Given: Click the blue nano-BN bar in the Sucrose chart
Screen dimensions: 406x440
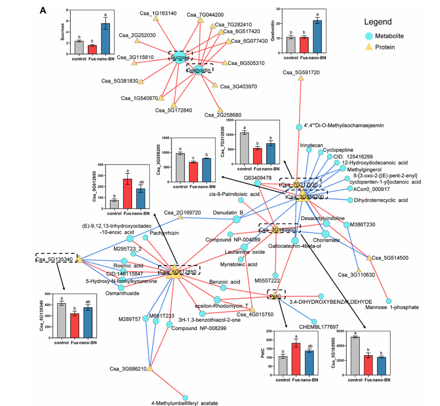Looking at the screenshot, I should [x=106, y=39].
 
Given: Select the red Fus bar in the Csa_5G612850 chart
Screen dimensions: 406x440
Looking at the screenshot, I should [x=128, y=194].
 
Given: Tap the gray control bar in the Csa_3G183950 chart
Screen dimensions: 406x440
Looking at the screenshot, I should [x=355, y=356].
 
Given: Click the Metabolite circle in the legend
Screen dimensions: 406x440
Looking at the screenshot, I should [x=369, y=36].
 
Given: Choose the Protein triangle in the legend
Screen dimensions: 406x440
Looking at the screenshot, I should [x=369, y=47].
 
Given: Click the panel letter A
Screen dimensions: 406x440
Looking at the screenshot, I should [x=43, y=10].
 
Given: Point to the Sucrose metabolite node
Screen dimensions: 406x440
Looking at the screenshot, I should [x=179, y=57].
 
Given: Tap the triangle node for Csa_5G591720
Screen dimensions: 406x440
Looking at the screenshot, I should [x=301, y=78].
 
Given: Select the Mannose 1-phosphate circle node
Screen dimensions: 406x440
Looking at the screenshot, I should [x=389, y=301].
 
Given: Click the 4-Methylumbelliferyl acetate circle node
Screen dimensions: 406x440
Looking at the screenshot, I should [x=185, y=398].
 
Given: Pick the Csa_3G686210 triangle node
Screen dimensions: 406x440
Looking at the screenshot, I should [x=150, y=368].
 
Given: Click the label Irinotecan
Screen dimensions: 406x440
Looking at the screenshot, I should [x=312, y=145].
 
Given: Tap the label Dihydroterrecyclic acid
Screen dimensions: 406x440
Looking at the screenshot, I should [x=381, y=200].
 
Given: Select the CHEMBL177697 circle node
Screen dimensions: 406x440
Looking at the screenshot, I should [x=314, y=322].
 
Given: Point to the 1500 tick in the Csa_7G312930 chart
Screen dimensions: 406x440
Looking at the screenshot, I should [x=230, y=120].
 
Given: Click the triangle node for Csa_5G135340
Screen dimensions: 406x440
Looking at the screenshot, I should [x=79, y=259].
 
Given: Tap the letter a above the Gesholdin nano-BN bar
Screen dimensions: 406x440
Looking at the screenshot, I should [x=317, y=14].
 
